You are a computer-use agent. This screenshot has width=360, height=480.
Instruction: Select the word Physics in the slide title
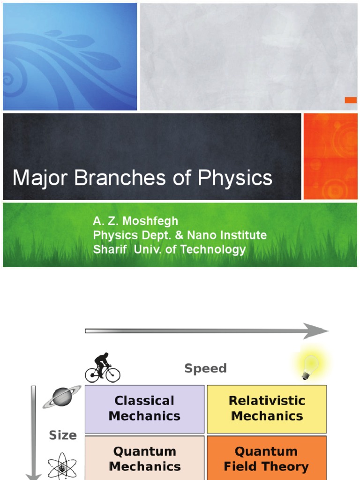235,179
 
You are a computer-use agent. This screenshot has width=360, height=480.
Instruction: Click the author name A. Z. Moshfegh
135,221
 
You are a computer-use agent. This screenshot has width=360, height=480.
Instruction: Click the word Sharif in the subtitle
110,249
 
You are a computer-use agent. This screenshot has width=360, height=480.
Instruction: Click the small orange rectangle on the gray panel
351,100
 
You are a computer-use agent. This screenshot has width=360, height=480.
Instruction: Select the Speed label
205,368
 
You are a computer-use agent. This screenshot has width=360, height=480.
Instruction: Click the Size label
63,435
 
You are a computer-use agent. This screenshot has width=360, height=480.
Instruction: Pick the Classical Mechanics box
144,408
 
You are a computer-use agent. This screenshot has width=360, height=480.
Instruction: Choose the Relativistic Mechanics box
267,408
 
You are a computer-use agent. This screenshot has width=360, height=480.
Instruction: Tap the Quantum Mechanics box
144,459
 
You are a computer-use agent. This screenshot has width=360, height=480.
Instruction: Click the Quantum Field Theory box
267,459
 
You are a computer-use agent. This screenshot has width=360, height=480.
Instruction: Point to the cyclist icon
103,367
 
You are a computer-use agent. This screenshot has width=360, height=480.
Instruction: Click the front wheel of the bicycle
113,375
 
